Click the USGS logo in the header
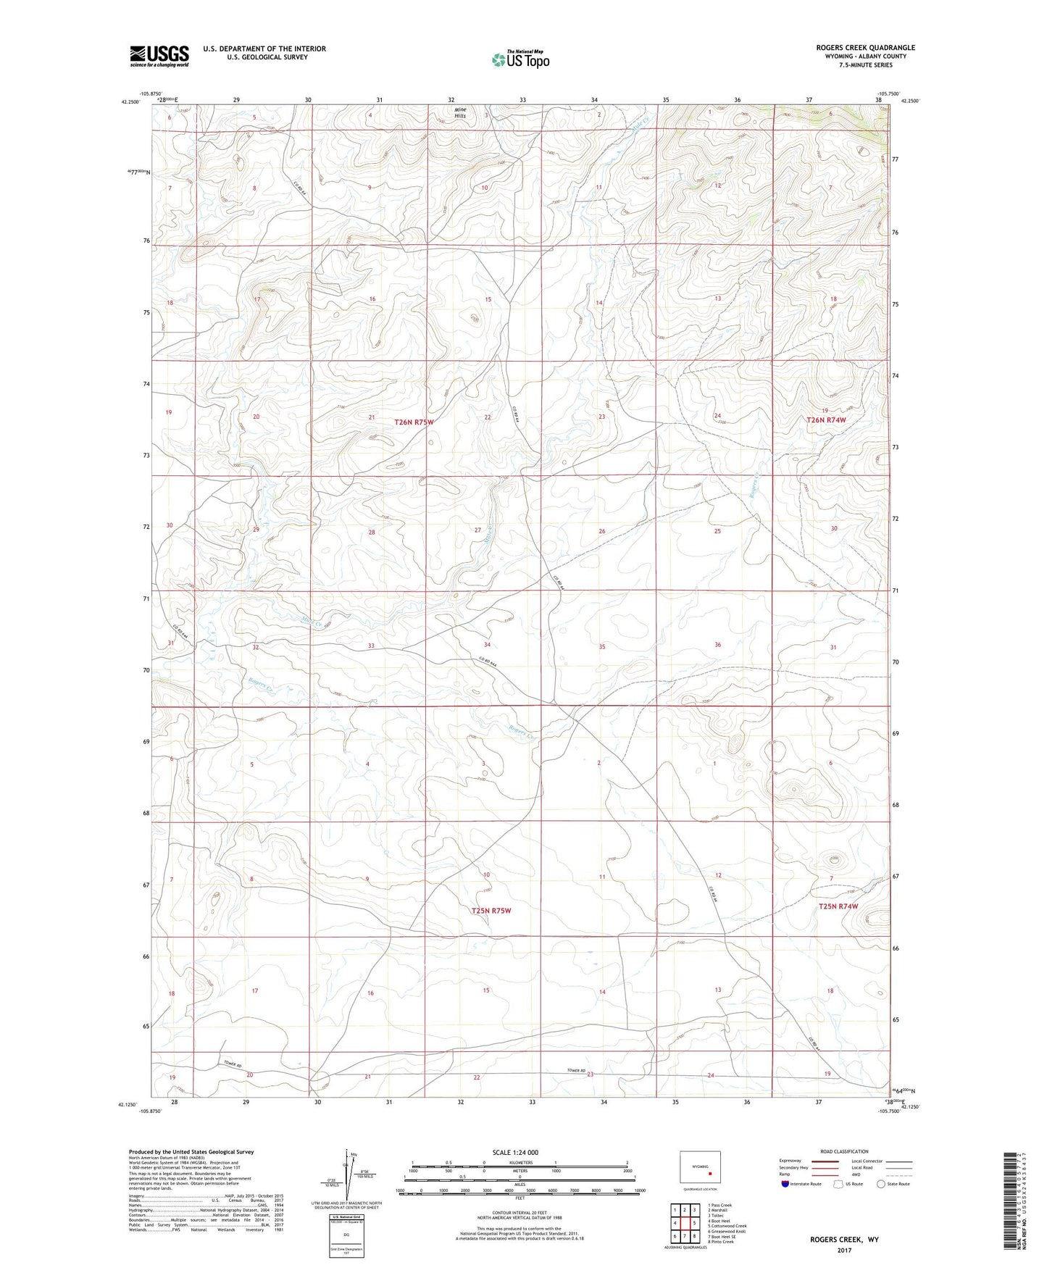(x=159, y=55)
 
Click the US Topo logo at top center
(x=520, y=60)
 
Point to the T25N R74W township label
(x=838, y=906)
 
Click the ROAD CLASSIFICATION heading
(x=845, y=1151)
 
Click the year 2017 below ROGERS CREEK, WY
(x=844, y=1250)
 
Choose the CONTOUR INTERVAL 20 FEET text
(x=520, y=1215)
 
